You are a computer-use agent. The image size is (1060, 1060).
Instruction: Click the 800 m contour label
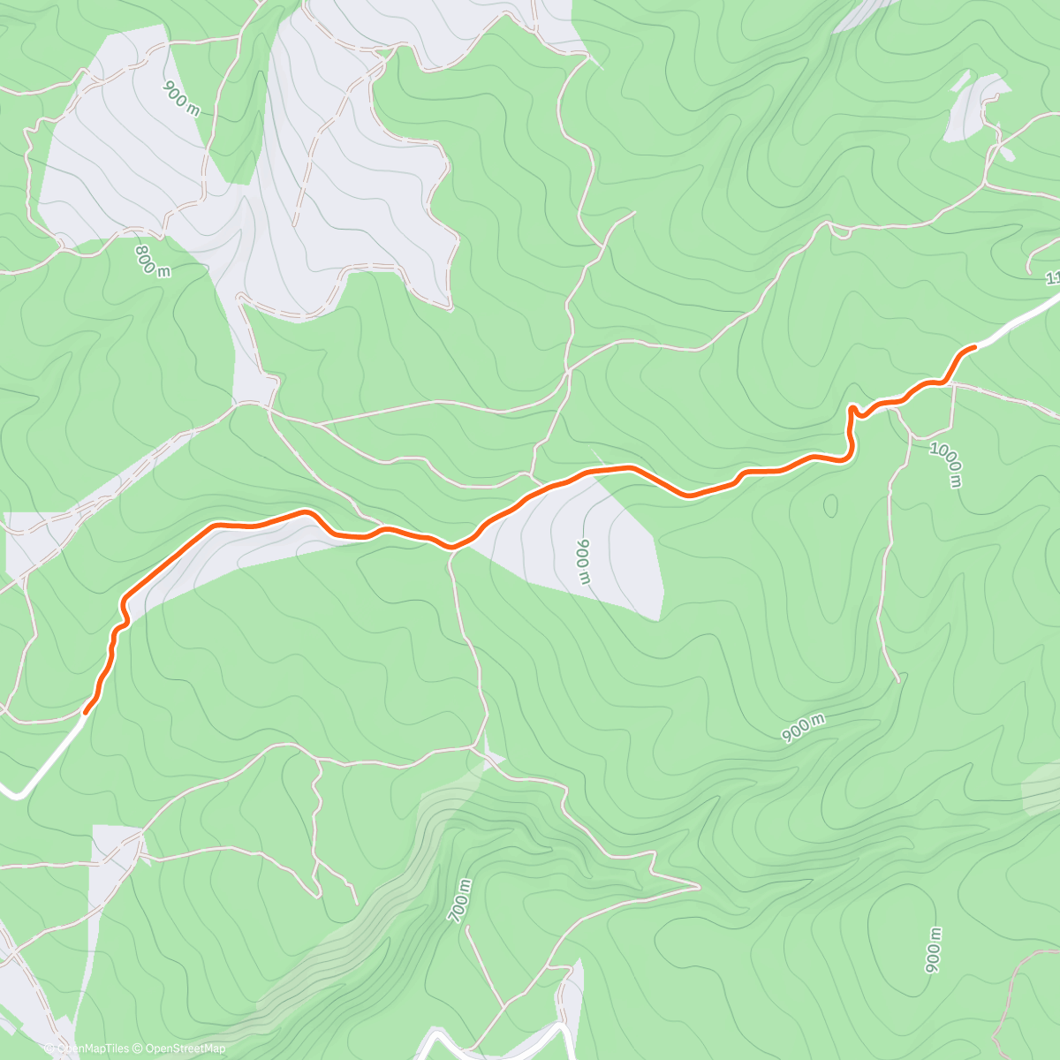[x=152, y=261]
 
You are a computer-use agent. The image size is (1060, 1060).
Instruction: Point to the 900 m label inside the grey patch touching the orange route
[x=582, y=562]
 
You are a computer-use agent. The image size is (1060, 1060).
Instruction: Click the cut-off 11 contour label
[x=1052, y=278]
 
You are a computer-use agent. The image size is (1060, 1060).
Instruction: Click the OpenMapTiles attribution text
[x=86, y=1049]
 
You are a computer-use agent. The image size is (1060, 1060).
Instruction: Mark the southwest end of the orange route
[x=86, y=711]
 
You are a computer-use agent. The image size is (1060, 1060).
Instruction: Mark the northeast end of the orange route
[x=974, y=347]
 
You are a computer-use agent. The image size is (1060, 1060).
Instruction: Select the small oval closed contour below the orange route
[x=830, y=505]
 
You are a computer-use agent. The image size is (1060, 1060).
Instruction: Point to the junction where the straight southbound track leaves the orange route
[x=451, y=549]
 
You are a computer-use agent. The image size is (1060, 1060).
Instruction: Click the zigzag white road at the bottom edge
[x=495, y=1042]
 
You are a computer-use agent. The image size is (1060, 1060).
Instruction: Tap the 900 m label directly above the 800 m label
[x=181, y=98]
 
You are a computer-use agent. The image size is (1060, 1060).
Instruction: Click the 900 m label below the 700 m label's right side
[x=933, y=950]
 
